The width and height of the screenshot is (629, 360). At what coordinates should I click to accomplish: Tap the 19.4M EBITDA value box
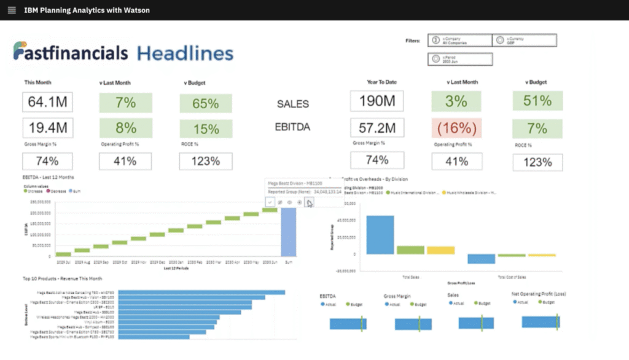(x=47, y=128)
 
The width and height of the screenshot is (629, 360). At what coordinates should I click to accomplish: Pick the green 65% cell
(x=206, y=103)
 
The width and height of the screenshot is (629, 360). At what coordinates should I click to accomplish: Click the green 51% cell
(x=537, y=101)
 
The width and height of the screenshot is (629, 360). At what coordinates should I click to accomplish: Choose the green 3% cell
(x=456, y=101)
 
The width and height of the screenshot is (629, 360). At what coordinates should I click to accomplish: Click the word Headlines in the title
(x=185, y=53)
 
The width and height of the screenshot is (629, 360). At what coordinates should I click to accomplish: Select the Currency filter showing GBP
(x=525, y=41)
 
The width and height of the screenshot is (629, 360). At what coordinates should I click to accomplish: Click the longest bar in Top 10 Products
(x=201, y=292)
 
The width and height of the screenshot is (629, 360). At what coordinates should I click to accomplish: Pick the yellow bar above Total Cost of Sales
(x=542, y=255)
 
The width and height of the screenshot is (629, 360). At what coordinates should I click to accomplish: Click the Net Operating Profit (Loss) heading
(x=539, y=294)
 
